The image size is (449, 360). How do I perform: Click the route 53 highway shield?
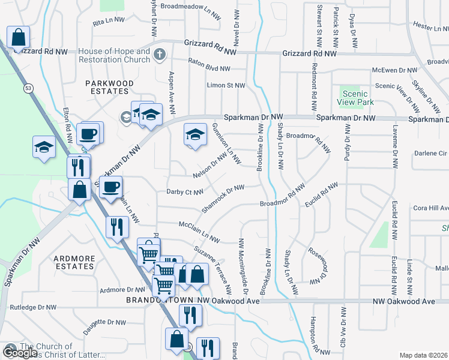tap(28, 88)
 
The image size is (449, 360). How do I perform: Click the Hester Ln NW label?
tap(431, 26)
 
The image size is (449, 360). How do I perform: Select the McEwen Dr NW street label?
tap(394, 70)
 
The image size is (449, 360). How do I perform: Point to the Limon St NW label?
tap(226, 86)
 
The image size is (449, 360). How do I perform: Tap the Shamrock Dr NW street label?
tap(223, 197)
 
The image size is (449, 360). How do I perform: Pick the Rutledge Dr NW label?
tap(33, 307)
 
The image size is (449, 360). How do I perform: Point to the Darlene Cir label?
tap(430, 153)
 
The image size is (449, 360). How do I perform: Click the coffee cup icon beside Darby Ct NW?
tap(110, 188)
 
